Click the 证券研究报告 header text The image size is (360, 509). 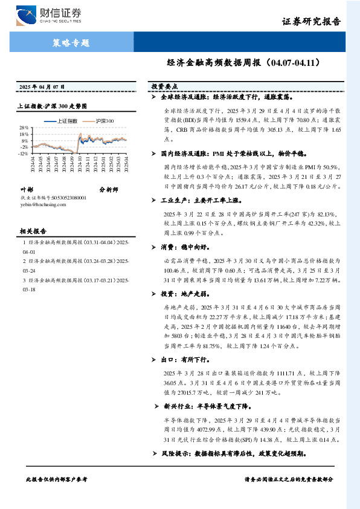pyautogui.click(x=311, y=21)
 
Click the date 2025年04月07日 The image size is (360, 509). pyautogui.click(x=42, y=88)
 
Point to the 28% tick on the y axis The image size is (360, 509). pyautogui.click(x=24, y=128)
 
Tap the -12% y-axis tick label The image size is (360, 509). pyautogui.click(x=24, y=154)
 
